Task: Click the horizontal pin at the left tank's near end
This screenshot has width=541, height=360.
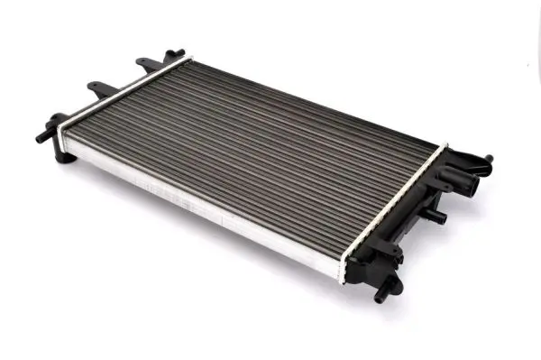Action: tap(42, 136)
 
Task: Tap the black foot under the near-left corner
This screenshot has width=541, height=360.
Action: tap(63, 156)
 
